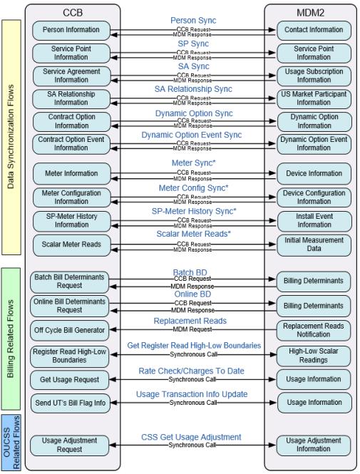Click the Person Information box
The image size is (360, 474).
click(71, 30)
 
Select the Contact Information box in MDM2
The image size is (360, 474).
click(314, 30)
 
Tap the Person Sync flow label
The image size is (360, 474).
click(193, 21)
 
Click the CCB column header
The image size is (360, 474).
click(73, 12)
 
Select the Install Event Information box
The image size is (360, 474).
click(314, 220)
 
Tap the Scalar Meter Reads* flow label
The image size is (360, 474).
click(193, 234)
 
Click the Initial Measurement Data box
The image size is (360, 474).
click(314, 244)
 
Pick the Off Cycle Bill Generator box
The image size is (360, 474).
click(71, 330)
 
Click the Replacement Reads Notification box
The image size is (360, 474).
click(314, 330)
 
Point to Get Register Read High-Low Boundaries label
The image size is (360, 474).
click(193, 345)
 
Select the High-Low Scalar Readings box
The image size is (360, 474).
click(314, 355)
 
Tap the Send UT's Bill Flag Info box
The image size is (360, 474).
click(71, 403)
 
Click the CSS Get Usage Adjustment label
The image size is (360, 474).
click(193, 437)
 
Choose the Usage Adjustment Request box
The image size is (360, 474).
click(71, 445)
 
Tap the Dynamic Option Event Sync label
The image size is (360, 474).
click(193, 134)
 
